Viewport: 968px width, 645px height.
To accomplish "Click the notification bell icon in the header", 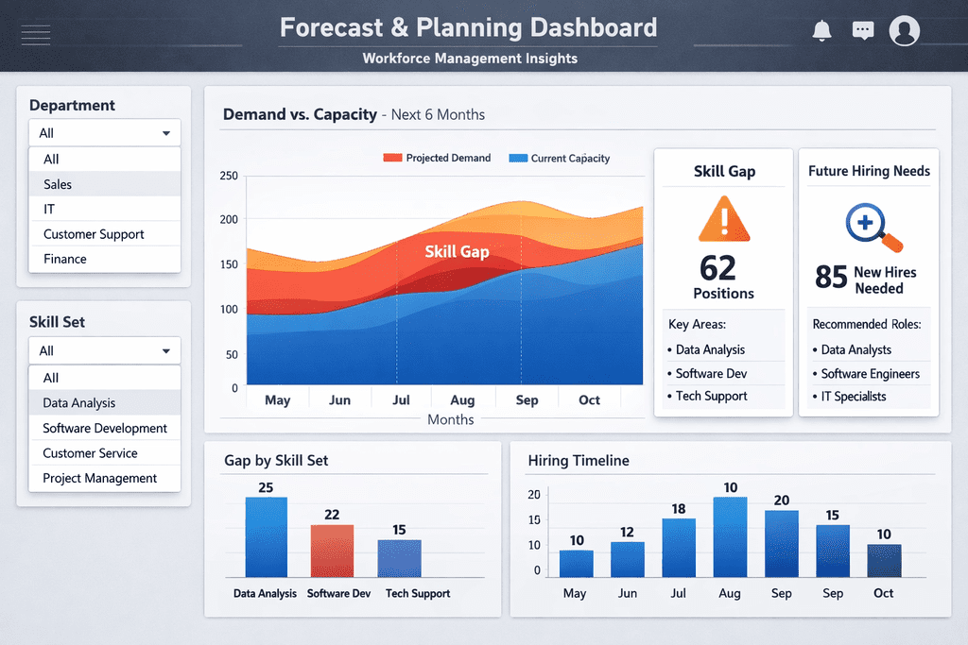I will point(821,31).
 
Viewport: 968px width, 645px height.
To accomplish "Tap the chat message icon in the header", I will point(862,31).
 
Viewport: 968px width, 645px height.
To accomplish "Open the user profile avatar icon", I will point(905,31).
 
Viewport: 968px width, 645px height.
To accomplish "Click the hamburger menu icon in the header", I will point(35,36).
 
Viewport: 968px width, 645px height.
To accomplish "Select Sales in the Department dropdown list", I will point(58,184).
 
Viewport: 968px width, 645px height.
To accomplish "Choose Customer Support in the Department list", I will point(94,234).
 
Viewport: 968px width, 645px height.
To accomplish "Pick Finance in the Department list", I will point(65,259).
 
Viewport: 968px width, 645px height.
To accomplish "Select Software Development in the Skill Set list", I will point(105,428).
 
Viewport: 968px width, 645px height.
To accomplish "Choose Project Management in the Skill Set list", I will point(100,478).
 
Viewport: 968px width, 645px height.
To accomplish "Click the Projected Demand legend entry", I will point(437,158).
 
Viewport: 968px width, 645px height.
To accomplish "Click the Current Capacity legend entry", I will point(559,158).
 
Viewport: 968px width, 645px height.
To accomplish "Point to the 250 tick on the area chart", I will point(229,176).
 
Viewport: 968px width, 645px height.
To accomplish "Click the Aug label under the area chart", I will point(462,399).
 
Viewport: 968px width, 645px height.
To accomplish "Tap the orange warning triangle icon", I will point(723,219).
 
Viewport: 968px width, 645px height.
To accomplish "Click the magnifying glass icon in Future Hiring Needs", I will point(868,228).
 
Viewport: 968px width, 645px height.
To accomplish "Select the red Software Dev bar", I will point(332,551).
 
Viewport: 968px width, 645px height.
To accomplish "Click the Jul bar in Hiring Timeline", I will point(679,547).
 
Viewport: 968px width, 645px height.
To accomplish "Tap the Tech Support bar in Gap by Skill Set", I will point(399,558).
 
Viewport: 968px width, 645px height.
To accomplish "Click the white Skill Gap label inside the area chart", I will point(457,251).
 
